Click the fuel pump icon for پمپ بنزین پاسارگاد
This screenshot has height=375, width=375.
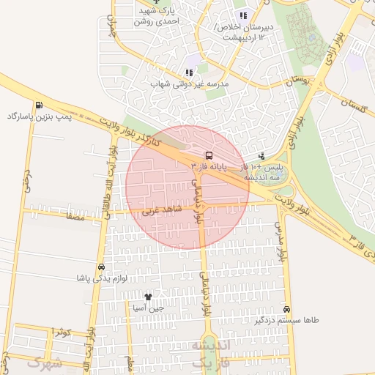coord(38,105)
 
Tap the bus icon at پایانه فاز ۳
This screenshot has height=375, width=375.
coord(209,155)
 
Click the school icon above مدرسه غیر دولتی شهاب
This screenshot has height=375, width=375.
coord(189,73)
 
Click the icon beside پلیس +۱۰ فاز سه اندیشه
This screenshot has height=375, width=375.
coord(262,155)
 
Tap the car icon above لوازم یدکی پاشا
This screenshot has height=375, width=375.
coord(100,267)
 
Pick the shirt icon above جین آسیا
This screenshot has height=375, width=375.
coord(149,297)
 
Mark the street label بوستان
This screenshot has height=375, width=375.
coord(297,80)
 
